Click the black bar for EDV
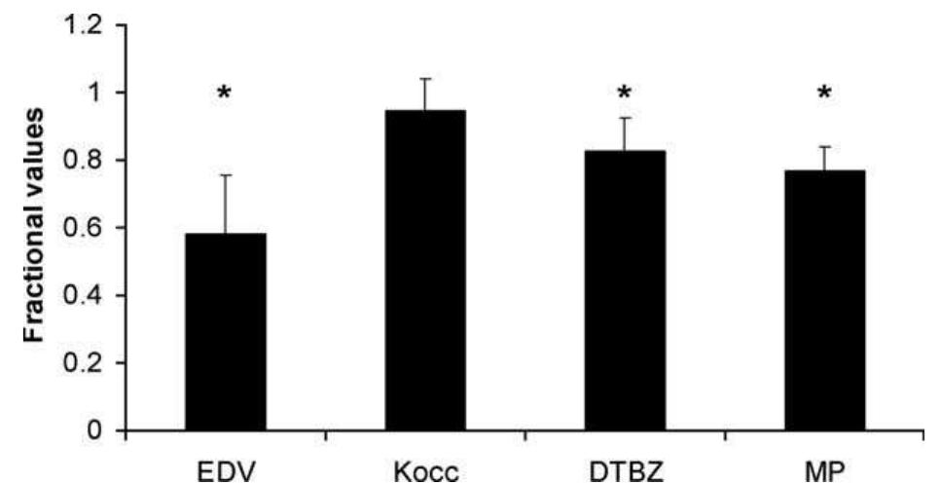pos(226,331)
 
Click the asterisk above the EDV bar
pos(225,95)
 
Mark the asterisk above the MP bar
pos(825,94)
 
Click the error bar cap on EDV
pos(226,175)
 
